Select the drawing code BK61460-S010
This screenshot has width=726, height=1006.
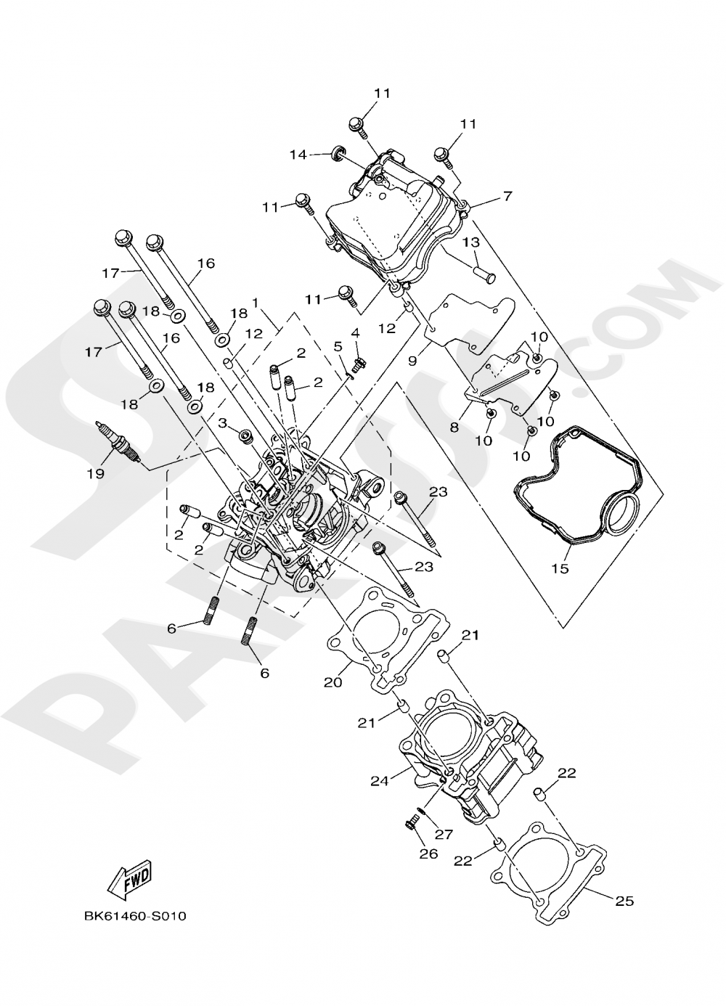point(135,916)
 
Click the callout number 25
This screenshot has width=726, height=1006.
point(624,901)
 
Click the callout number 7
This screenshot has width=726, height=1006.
point(507,196)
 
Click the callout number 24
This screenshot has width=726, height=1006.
point(380,781)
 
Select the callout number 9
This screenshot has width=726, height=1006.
point(412,360)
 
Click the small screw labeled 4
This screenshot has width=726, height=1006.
point(357,359)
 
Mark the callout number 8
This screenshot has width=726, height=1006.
point(454,428)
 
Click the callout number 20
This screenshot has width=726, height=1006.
point(333,682)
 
